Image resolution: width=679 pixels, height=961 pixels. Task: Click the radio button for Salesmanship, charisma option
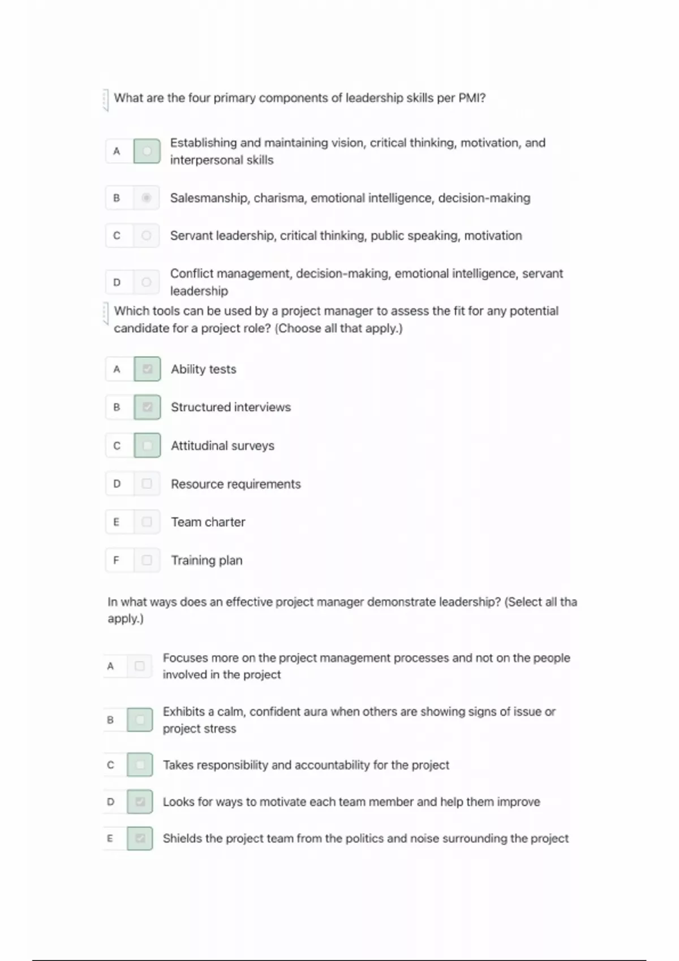click(147, 198)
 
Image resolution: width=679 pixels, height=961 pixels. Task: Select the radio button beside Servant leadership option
click(147, 235)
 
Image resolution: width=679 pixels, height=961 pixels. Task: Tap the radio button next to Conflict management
click(147, 282)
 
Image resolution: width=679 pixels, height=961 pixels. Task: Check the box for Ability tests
click(147, 369)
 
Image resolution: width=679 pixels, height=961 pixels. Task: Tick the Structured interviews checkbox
click(147, 407)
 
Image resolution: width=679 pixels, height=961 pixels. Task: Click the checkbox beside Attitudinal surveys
click(147, 445)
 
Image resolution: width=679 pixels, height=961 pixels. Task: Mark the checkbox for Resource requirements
click(147, 484)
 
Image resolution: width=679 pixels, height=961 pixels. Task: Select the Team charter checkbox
click(147, 522)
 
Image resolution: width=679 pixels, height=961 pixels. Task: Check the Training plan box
click(147, 560)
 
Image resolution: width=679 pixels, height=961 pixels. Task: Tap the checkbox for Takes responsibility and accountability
click(140, 765)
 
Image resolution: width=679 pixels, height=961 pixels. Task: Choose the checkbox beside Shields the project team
click(140, 838)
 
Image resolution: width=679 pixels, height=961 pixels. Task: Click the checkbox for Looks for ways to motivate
click(140, 802)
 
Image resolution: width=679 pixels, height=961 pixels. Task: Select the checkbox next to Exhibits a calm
click(140, 720)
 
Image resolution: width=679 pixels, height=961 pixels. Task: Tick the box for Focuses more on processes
click(140, 666)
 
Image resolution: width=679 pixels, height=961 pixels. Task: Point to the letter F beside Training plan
click(117, 560)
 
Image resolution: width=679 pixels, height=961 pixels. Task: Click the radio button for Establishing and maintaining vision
click(147, 151)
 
